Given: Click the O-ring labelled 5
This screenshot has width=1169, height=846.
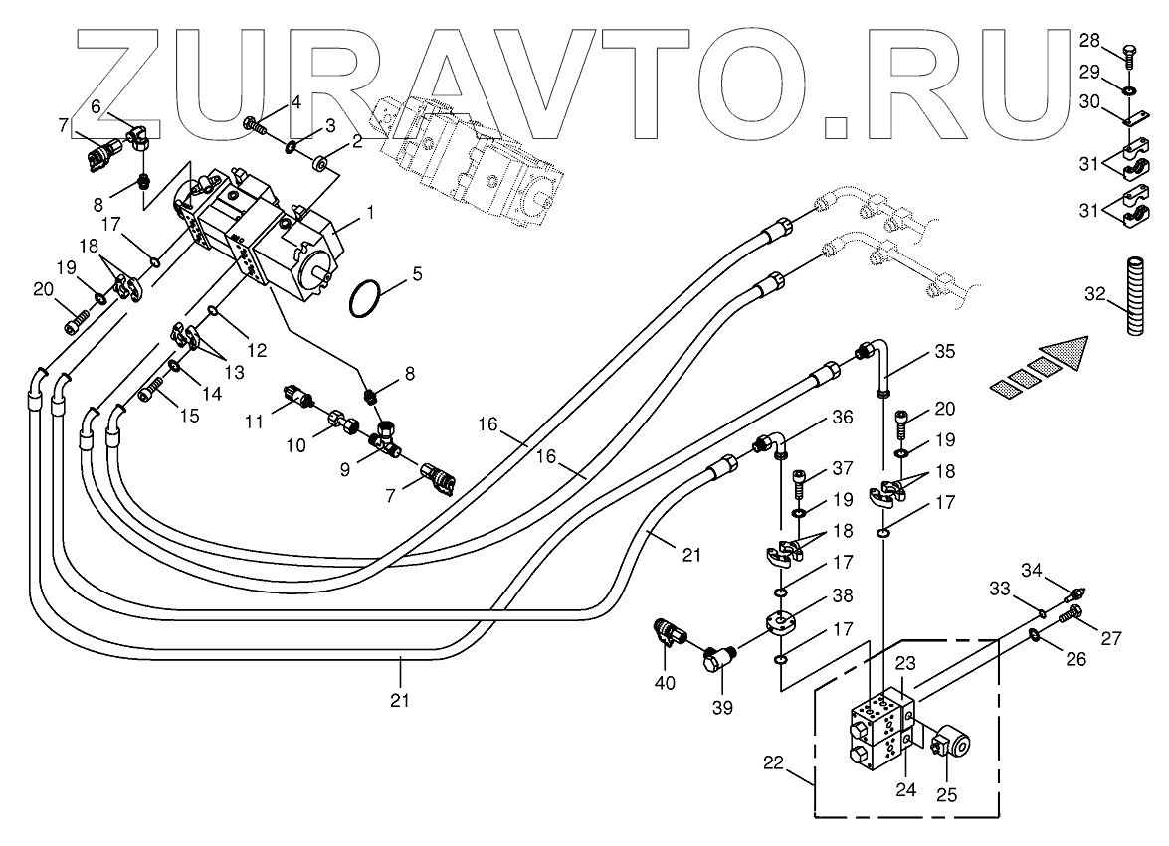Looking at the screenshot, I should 366,297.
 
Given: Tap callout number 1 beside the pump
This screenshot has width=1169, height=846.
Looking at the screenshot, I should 370,212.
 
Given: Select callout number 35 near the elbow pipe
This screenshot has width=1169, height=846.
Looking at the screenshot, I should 944,352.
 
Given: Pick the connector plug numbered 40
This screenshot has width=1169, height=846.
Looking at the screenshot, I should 667,634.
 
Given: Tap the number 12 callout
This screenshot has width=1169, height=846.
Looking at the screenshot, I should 258,350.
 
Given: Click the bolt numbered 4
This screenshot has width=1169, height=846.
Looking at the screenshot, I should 256,126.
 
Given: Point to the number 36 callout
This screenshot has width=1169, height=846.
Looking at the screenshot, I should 843,419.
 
